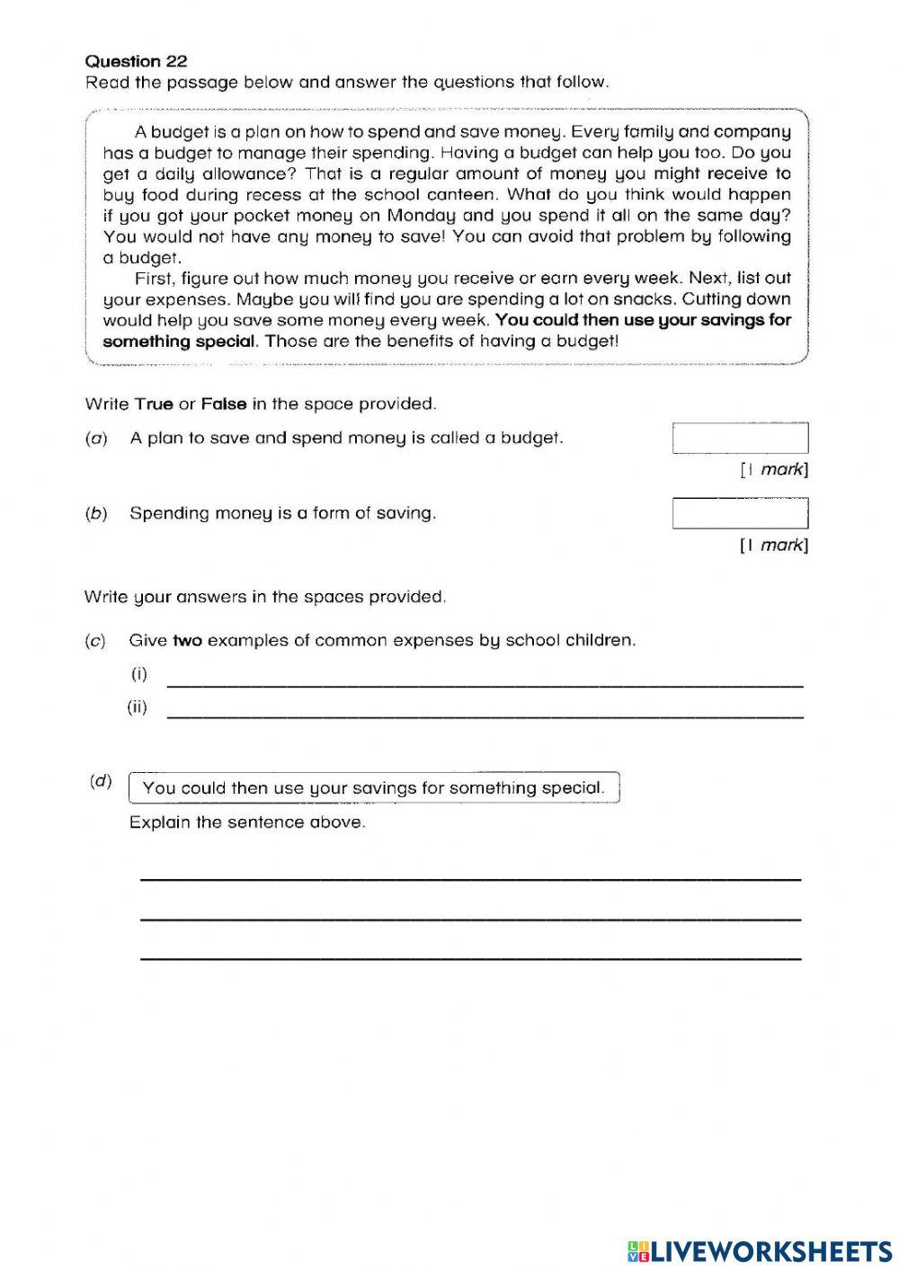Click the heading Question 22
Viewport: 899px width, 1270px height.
(x=136, y=61)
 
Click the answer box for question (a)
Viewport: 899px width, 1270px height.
(x=740, y=439)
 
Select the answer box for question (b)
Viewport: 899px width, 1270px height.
(x=740, y=513)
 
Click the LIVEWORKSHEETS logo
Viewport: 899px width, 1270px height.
(x=760, y=1251)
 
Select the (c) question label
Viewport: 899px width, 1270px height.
(x=95, y=641)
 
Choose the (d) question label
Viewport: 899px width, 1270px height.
(x=101, y=781)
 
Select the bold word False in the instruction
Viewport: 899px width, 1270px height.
(x=223, y=404)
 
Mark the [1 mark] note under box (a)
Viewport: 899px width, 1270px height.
(x=773, y=469)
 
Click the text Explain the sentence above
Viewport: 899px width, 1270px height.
(x=247, y=822)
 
